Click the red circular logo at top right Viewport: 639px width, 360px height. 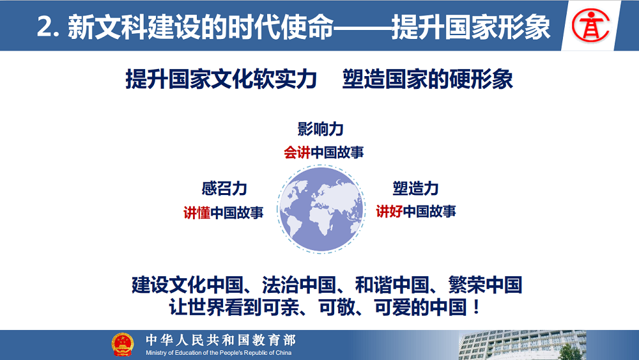click(590, 26)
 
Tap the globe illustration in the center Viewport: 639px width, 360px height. click(321, 209)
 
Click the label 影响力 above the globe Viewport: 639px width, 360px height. click(320, 129)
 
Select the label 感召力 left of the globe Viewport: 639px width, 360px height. click(224, 189)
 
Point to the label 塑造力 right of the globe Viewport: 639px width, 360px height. click(415, 189)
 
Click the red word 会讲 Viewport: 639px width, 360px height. click(297, 152)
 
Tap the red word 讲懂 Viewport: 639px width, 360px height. click(197, 212)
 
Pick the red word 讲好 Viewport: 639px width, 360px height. click(389, 211)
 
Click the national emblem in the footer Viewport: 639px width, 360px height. click(123, 345)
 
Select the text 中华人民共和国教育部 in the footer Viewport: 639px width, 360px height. click(220, 340)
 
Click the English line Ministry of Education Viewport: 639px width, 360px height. click(219, 353)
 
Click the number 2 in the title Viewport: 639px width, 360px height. click(44, 27)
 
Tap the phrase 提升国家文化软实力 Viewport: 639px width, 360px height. click(221, 79)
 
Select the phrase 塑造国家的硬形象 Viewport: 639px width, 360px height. click(427, 79)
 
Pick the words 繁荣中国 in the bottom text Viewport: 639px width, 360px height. click(486, 285)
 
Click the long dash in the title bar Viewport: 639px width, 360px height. click(362, 27)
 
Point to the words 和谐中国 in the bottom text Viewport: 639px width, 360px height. click(392, 285)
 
